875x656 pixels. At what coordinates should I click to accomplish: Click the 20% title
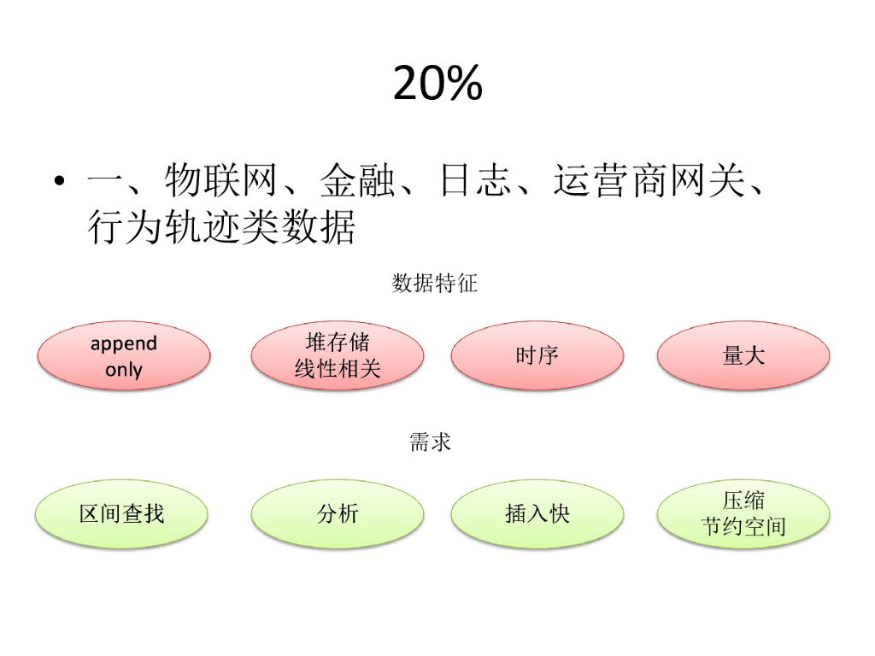pyautogui.click(x=437, y=84)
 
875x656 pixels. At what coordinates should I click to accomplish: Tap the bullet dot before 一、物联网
pyautogui.click(x=58, y=181)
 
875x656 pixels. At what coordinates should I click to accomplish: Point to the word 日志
pyautogui.click(x=475, y=181)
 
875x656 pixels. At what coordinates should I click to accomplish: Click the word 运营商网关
pyautogui.click(x=649, y=181)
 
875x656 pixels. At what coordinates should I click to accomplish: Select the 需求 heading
pyautogui.click(x=430, y=442)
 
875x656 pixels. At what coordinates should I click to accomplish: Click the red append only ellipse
pyautogui.click(x=124, y=355)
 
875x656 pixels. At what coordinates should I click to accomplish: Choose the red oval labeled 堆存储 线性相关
pyautogui.click(x=337, y=355)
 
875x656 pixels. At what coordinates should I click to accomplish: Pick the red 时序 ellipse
pyautogui.click(x=537, y=355)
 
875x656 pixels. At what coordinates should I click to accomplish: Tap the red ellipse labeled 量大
pyautogui.click(x=743, y=355)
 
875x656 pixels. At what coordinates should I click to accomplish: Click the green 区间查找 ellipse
pyautogui.click(x=121, y=513)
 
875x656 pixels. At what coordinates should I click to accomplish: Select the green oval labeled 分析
pyautogui.click(x=337, y=513)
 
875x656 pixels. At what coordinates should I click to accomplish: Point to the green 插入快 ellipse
pyautogui.click(x=537, y=513)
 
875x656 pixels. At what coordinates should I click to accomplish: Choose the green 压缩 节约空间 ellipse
pyautogui.click(x=743, y=513)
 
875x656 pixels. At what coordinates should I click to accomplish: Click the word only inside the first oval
pyautogui.click(x=124, y=370)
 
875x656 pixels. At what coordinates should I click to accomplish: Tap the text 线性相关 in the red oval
pyautogui.click(x=337, y=369)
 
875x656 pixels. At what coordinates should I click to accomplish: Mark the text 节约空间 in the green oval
pyautogui.click(x=743, y=527)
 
